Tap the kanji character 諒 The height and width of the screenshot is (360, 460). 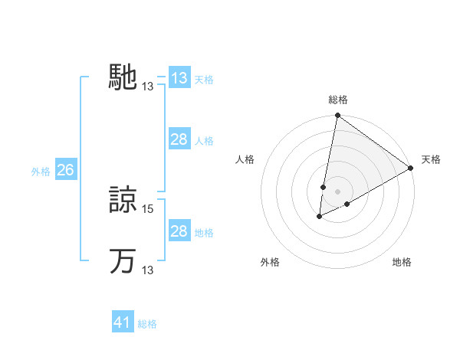(123, 201)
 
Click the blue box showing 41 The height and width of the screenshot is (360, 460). (123, 322)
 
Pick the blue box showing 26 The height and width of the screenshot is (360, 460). (65, 170)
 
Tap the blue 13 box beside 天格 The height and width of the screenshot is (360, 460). (179, 78)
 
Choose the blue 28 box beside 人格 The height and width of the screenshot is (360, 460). (179, 139)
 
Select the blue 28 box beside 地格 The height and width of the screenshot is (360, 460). (179, 231)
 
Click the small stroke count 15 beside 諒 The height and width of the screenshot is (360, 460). (148, 208)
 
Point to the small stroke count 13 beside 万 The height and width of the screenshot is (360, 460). (148, 270)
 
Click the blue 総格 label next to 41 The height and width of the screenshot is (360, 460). (147, 324)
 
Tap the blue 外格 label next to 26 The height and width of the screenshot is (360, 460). (41, 172)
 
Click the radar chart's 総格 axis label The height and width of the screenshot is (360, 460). (337, 100)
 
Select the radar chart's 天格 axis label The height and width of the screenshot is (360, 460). (431, 159)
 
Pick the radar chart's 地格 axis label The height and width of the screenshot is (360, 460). (402, 262)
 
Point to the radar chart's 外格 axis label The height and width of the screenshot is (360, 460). (270, 262)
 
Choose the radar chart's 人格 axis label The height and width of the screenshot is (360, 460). (245, 159)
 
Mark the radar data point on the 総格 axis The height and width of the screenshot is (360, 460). (337, 116)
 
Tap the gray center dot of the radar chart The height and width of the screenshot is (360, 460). (337, 191)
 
